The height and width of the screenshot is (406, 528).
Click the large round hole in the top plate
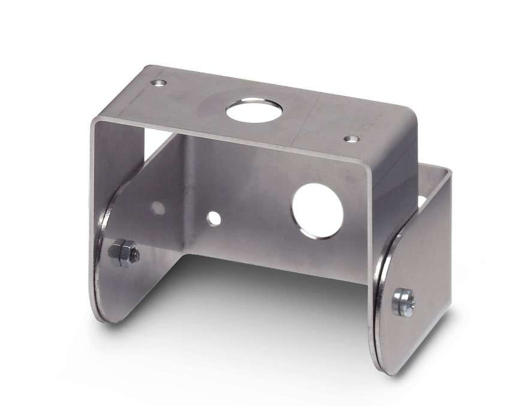[246, 111]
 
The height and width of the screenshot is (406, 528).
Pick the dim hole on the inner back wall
[158, 208]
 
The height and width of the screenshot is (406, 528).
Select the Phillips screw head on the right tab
[403, 302]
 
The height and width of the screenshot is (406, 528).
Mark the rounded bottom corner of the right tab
[384, 365]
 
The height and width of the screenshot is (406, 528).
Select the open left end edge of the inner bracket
[92, 180]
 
